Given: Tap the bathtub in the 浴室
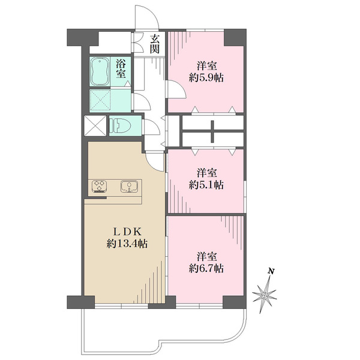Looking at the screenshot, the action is click(x=100, y=71).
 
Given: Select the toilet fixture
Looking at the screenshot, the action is click(x=120, y=126).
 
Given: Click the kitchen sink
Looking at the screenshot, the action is click(x=130, y=186).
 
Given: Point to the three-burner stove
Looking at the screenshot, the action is click(x=100, y=186).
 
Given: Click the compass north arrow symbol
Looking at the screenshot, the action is click(x=265, y=295).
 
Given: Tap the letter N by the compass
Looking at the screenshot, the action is click(x=271, y=271).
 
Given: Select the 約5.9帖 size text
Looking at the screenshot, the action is click(x=206, y=78).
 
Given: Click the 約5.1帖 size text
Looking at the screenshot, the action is click(x=206, y=185).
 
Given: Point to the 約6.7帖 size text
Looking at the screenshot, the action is click(x=206, y=268).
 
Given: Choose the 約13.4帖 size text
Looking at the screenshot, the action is click(x=127, y=244).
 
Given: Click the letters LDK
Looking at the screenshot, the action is click(x=127, y=232).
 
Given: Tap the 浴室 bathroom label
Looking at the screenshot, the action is click(x=121, y=68).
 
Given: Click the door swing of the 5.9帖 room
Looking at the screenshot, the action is click(x=176, y=88).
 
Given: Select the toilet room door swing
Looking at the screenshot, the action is click(x=151, y=128).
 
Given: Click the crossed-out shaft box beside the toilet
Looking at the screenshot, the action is click(x=95, y=126).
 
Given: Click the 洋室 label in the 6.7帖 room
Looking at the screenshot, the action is click(x=206, y=256).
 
